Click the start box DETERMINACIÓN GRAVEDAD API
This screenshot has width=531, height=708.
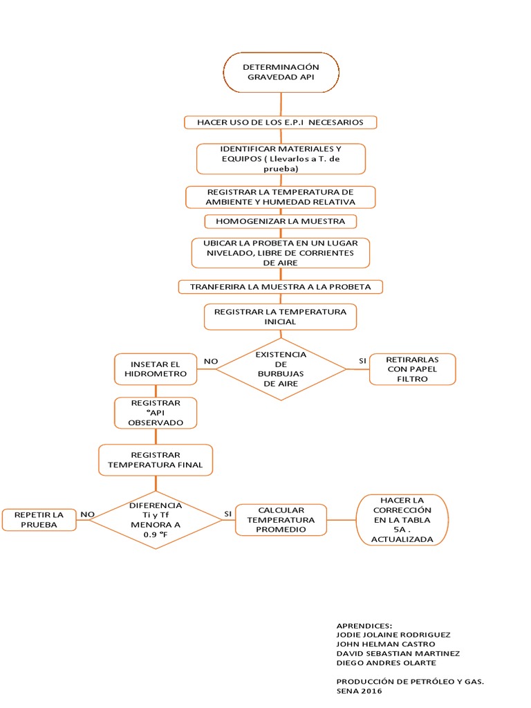tap(281, 73)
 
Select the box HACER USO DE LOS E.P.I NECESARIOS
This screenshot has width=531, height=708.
tap(280, 122)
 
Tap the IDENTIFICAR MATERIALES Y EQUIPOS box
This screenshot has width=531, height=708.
tap(281, 158)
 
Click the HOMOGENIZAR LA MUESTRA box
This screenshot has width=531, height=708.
tap(281, 221)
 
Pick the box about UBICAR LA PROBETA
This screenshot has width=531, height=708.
tap(280, 253)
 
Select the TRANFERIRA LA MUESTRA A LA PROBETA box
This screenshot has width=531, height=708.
tap(280, 286)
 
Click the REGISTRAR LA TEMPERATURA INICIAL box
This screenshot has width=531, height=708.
tap(280, 317)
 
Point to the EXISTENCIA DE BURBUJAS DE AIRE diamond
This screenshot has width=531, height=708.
tap(281, 369)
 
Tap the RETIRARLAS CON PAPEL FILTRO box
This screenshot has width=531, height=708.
tap(412, 369)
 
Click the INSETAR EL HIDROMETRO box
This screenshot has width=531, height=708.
tap(155, 369)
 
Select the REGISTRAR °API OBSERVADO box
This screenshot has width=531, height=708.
tap(155, 412)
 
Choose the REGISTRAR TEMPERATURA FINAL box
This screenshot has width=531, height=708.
tap(155, 460)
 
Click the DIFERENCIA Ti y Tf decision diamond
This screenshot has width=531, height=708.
tap(155, 515)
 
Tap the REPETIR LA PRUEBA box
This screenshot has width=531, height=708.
tap(38, 520)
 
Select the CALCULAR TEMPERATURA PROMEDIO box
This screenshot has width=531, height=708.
tap(281, 520)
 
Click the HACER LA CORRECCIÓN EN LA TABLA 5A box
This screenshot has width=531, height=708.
tap(401, 520)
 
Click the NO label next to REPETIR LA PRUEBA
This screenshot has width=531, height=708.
tap(87, 514)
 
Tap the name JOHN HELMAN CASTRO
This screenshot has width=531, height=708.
tap(385, 644)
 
